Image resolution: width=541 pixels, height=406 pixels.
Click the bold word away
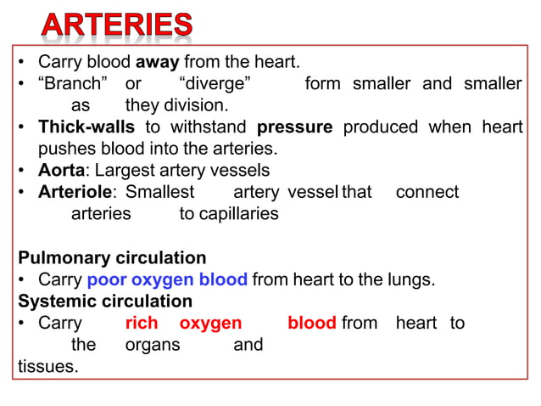[158, 62]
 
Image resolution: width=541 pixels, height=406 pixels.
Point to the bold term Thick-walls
[86, 127]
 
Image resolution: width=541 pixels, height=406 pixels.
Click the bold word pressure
[294, 127]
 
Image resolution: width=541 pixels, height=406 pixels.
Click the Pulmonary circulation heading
[112, 257]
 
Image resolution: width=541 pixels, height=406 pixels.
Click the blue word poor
[106, 279]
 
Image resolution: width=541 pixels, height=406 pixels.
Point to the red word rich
[142, 324]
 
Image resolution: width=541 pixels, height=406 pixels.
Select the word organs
[153, 345]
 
